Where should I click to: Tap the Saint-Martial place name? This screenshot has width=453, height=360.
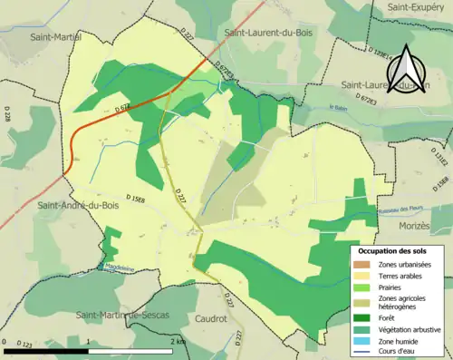(x=55, y=37)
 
